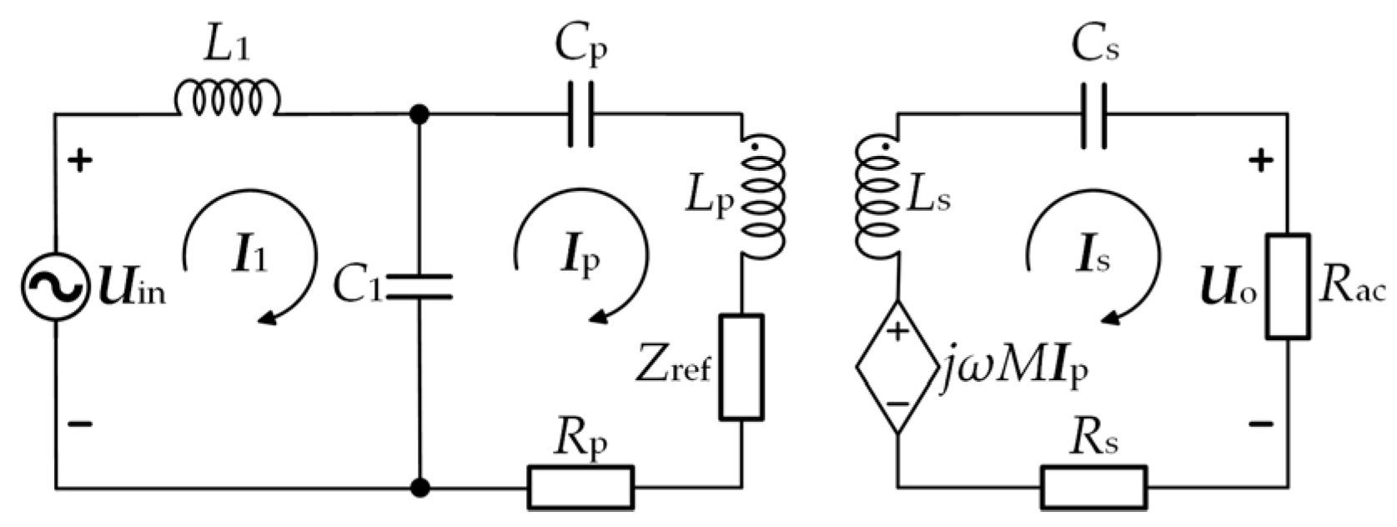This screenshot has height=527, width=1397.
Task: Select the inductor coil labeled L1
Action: point(227,98)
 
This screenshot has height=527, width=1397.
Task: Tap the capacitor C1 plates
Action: point(420,286)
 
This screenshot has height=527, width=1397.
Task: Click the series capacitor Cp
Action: point(580,114)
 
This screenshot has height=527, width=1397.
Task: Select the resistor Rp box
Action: point(580,487)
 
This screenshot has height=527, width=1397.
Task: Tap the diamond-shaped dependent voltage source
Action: point(897,367)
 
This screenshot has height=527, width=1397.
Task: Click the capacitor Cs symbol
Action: point(1093,114)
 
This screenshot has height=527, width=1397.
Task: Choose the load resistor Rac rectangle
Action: point(1287,286)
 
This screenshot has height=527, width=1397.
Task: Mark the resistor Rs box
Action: point(1093,487)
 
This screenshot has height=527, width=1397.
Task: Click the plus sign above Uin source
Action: point(80,160)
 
